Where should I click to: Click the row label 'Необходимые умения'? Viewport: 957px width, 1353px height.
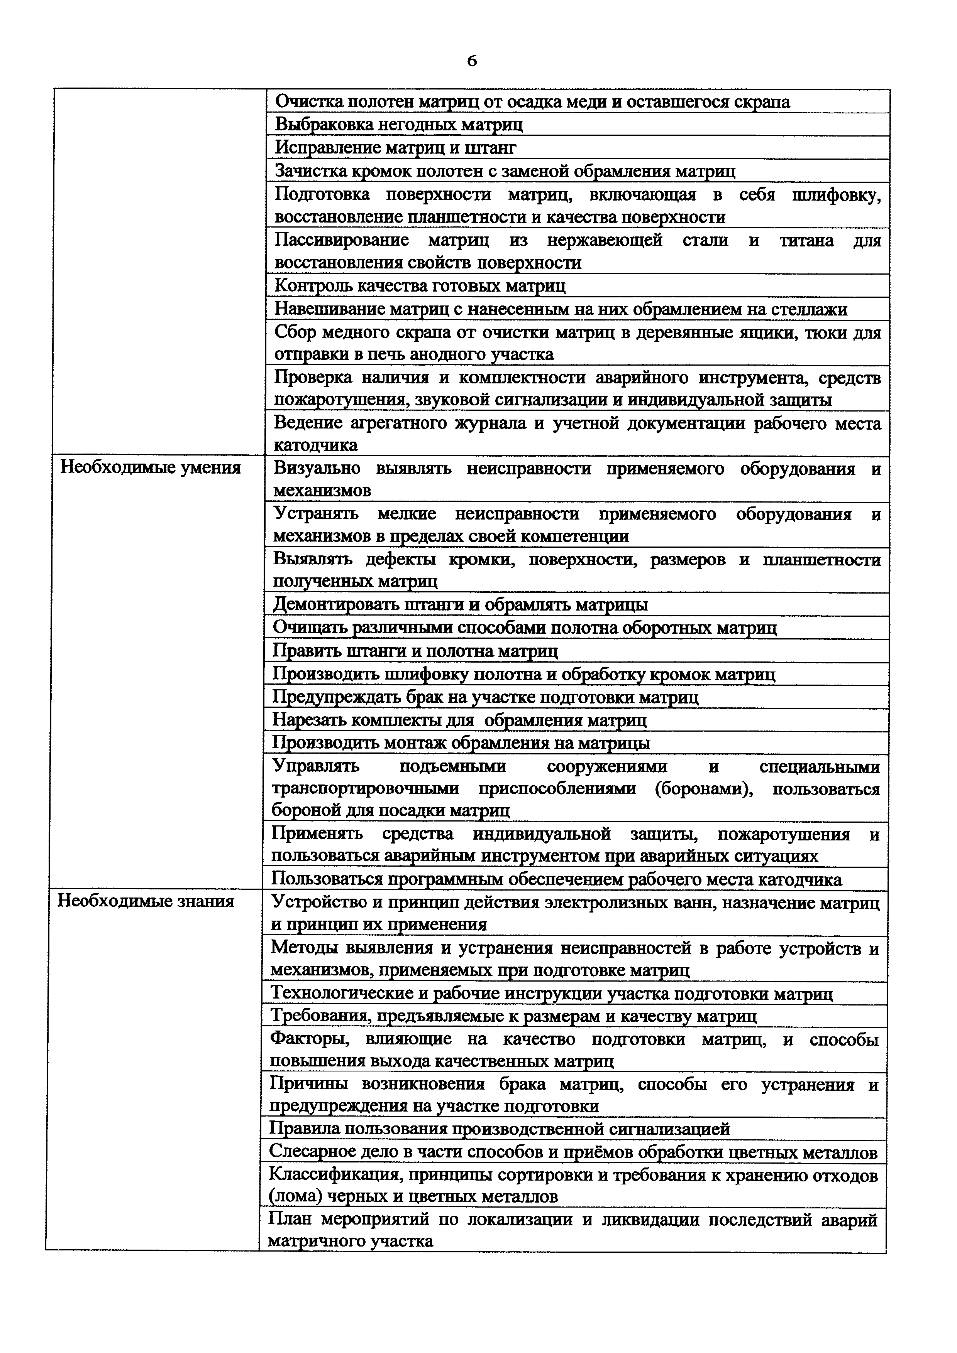pyautogui.click(x=151, y=468)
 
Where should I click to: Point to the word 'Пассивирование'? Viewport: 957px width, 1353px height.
pyautogui.click(x=342, y=240)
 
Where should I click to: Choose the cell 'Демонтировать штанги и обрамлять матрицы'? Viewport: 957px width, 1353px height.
pyautogui.click(x=460, y=605)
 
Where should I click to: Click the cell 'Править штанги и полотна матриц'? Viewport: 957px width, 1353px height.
pyautogui.click(x=415, y=651)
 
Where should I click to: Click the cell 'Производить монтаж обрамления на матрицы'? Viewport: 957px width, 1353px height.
pyautogui.click(x=461, y=744)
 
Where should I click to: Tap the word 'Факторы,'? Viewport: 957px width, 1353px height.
pyautogui.click(x=309, y=1039)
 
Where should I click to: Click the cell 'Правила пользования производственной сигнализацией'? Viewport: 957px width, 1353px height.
pyautogui.click(x=499, y=1129)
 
